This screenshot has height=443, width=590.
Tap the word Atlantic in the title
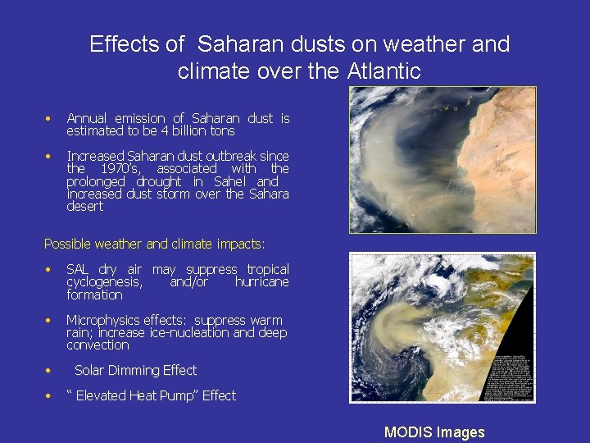(x=383, y=71)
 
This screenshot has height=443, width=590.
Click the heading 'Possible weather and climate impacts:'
(x=154, y=244)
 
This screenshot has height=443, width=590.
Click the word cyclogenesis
(x=104, y=282)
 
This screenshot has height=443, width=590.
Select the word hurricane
(x=261, y=282)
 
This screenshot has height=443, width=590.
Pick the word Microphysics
(x=103, y=320)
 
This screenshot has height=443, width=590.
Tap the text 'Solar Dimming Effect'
(x=135, y=370)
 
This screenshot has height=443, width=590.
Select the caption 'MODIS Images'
(x=434, y=432)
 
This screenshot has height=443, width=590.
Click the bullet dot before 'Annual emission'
(x=49, y=119)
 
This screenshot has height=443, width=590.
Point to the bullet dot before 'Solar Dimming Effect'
(x=49, y=371)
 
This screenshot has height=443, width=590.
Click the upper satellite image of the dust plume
(x=442, y=160)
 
